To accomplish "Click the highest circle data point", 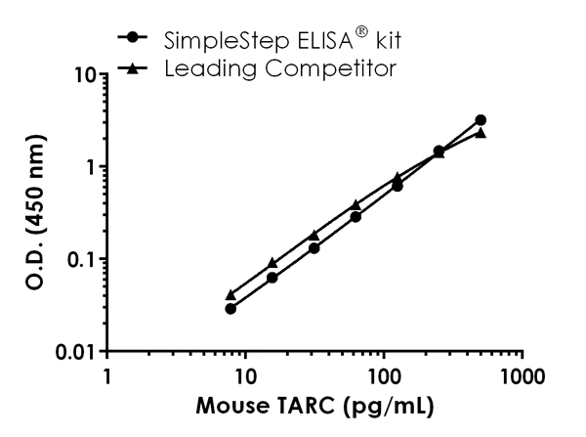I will tap(481, 120).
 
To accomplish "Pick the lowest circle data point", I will tap(230, 309).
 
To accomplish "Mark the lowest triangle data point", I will tap(230, 295).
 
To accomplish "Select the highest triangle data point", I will tap(481, 133).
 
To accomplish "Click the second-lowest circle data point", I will tap(272, 278).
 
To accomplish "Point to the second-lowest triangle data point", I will tap(272, 264).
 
